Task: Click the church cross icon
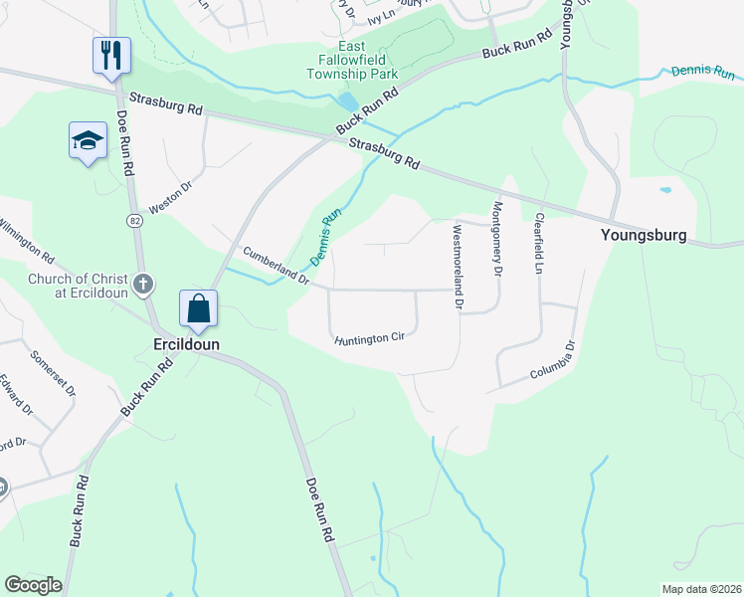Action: tap(143, 286)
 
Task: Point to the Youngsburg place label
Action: tap(644, 236)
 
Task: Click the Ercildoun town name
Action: tap(185, 343)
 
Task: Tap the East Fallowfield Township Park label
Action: tap(351, 61)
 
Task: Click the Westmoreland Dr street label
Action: tap(457, 266)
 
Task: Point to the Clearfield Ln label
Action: tap(539, 244)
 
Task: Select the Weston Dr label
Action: tap(168, 199)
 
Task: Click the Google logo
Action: tap(33, 585)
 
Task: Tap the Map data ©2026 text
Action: tap(700, 589)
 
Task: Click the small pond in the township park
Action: tap(349, 101)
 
